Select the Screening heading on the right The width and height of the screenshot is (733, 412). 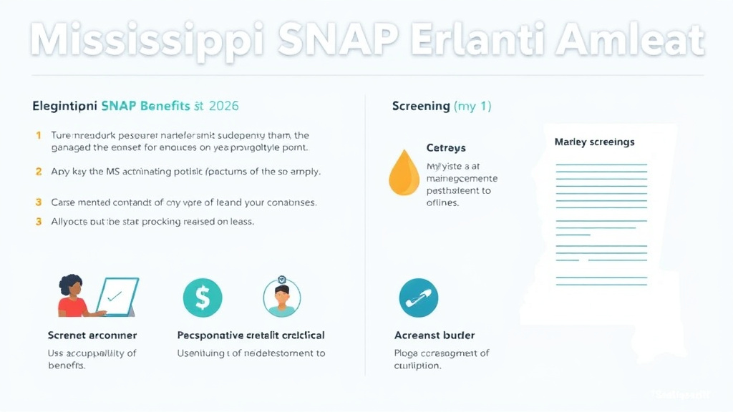click(421, 106)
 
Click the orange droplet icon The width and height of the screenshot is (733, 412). click(403, 173)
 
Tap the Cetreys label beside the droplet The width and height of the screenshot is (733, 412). click(446, 148)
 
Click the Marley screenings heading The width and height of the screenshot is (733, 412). click(594, 142)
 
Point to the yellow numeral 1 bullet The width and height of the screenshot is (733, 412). click(38, 134)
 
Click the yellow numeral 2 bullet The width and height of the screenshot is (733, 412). click(38, 172)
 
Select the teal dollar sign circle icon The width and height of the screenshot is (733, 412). click(203, 298)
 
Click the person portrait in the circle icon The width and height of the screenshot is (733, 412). click(282, 298)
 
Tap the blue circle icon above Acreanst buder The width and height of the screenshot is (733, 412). click(418, 298)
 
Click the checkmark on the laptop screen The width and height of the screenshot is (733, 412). click(113, 294)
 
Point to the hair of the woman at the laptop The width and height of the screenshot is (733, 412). click(71, 283)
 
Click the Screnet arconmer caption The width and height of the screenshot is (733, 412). click(92, 335)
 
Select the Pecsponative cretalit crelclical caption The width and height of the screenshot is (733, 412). click(251, 335)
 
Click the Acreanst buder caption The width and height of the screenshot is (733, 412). click(435, 335)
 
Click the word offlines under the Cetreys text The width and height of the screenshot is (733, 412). click(442, 203)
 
